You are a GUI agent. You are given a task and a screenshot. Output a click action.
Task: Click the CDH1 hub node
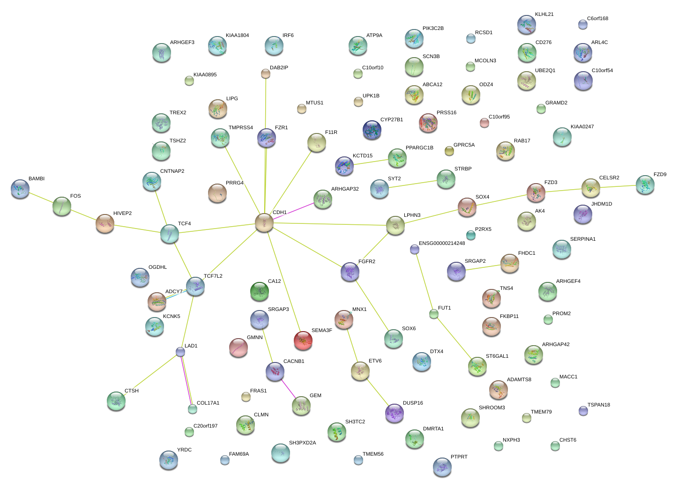(264, 223)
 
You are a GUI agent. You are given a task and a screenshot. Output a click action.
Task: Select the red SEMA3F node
(303, 340)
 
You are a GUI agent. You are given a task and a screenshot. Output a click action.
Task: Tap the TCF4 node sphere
(170, 234)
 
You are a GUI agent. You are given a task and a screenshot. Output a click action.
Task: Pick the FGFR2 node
(350, 272)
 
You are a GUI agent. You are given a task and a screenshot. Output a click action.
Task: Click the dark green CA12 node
(260, 292)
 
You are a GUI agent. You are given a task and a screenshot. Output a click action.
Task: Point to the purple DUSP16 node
(395, 413)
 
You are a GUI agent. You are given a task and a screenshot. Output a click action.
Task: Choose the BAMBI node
(20, 189)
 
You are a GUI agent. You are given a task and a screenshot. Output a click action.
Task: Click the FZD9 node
(645, 185)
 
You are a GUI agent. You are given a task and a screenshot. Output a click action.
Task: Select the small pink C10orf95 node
(484, 123)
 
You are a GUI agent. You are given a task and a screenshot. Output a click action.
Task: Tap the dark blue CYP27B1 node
(372, 130)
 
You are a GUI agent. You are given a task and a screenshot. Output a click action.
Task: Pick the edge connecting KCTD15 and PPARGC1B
(371, 162)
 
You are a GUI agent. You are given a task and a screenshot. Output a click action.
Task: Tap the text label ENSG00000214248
(442, 244)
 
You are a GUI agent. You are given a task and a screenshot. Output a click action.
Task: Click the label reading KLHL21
(544, 15)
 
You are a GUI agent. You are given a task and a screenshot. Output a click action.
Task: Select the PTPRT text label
(459, 457)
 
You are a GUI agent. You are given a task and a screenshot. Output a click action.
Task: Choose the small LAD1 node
(180, 352)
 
